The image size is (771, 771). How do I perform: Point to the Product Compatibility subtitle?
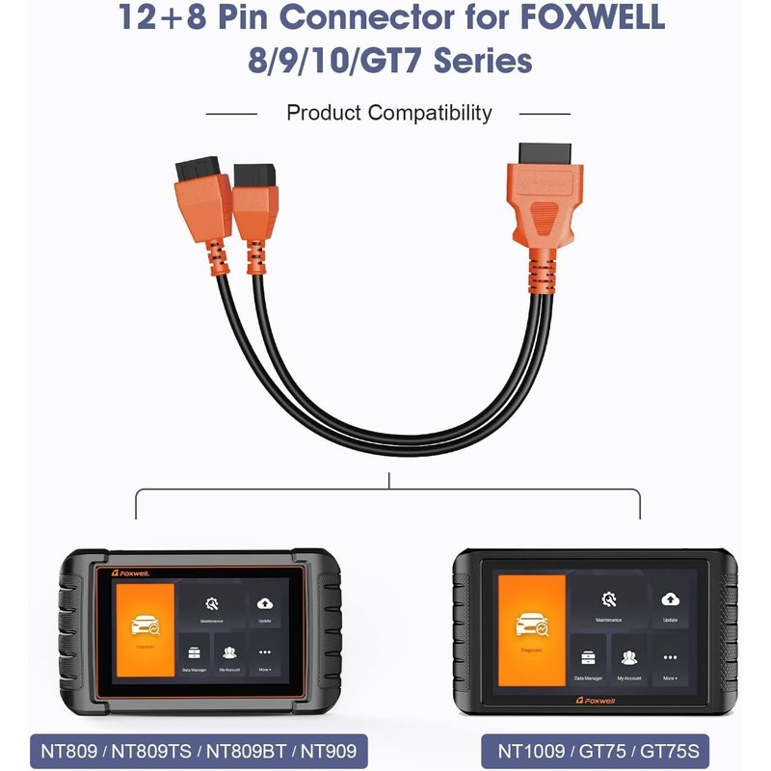(x=388, y=113)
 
